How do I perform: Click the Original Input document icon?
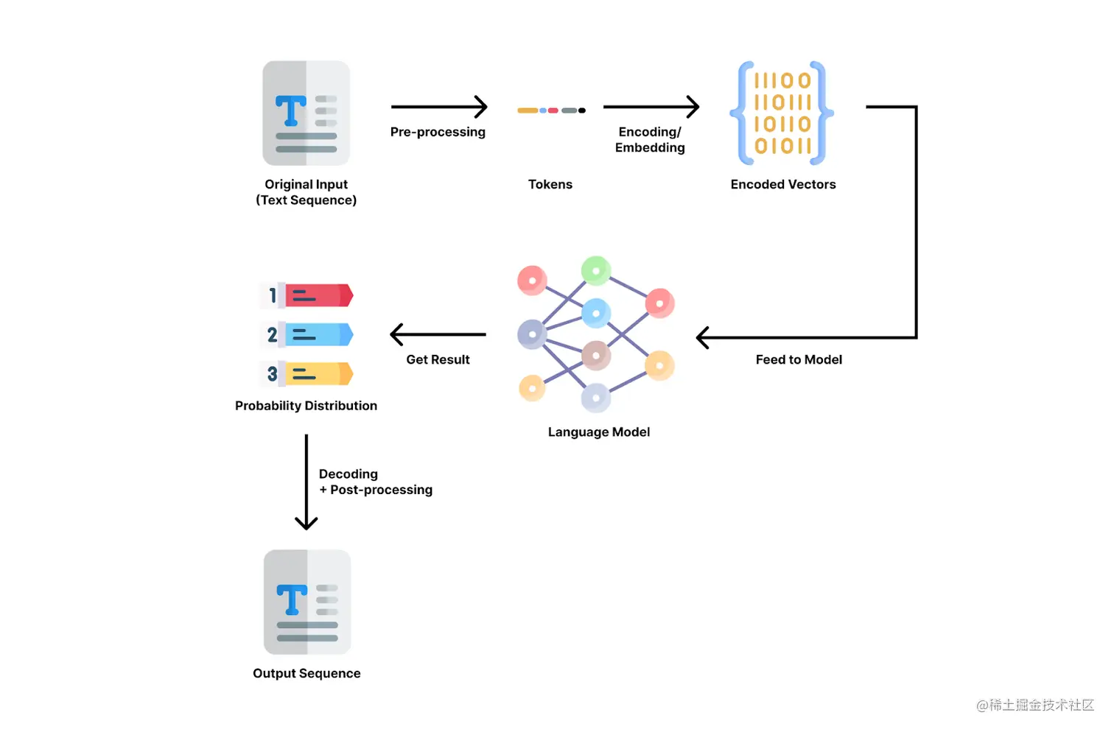pyautogui.click(x=306, y=113)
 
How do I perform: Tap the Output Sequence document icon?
pyautogui.click(x=307, y=602)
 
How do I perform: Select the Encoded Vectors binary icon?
pyautogui.click(x=782, y=113)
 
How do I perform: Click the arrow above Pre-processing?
pyautogui.click(x=438, y=107)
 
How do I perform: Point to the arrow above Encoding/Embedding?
pyautogui.click(x=651, y=107)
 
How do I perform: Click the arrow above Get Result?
pyautogui.click(x=438, y=334)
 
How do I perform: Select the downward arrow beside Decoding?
pyautogui.click(x=306, y=482)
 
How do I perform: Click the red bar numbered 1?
pyautogui.click(x=318, y=295)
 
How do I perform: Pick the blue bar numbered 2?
pyautogui.click(x=318, y=334)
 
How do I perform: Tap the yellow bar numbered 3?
pyautogui.click(x=318, y=374)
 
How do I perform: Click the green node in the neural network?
pyautogui.click(x=596, y=270)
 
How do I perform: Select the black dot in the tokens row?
pyautogui.click(x=582, y=110)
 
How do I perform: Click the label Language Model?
pyautogui.click(x=598, y=432)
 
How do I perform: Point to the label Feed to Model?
pyautogui.click(x=799, y=359)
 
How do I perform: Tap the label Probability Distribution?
pyautogui.click(x=306, y=406)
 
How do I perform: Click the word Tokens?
pyautogui.click(x=550, y=184)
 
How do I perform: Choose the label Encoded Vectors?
pyautogui.click(x=783, y=184)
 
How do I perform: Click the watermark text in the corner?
pyautogui.click(x=1035, y=705)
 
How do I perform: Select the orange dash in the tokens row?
pyautogui.click(x=528, y=110)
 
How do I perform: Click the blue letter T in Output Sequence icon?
pyautogui.click(x=292, y=599)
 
